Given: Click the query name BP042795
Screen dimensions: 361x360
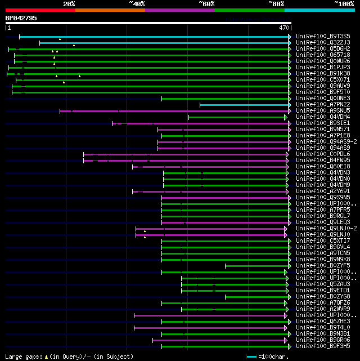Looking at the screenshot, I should tap(21, 18).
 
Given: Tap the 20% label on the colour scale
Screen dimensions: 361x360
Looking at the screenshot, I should tap(69, 4).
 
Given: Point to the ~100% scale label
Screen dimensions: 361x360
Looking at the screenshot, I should tap(344, 4).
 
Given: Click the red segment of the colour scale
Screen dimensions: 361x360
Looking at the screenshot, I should tap(40, 10).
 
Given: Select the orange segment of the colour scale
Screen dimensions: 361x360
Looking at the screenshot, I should tap(110, 10).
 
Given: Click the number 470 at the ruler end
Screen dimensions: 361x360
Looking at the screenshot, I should tap(283, 27).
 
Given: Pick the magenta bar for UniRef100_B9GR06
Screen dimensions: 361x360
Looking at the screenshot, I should tap(219, 340).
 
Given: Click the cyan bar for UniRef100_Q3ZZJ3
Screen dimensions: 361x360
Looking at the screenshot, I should tap(163, 43).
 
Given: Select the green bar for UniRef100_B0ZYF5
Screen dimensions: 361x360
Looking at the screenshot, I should tap(256, 266).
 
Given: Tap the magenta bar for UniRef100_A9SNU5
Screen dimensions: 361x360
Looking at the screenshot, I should tap(174, 111).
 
